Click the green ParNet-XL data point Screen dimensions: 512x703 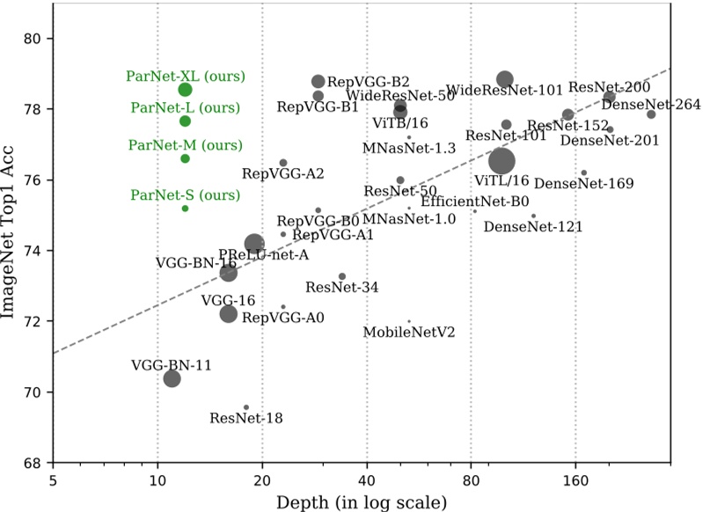(185, 89)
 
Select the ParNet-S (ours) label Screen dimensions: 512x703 (173, 194)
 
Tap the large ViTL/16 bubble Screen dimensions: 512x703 (502, 161)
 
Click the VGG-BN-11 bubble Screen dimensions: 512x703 (172, 378)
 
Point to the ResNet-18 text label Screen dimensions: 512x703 (246, 418)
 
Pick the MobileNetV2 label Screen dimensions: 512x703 (409, 333)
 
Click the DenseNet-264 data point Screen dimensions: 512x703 (651, 114)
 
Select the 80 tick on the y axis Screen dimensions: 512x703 (33, 39)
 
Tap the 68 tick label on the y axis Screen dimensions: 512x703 (33, 463)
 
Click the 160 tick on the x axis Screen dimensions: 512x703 (575, 482)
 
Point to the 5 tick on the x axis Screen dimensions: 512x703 (53, 482)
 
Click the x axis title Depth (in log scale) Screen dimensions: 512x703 (362, 502)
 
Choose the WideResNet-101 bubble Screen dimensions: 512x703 (505, 79)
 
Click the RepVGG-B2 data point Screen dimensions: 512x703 (319, 81)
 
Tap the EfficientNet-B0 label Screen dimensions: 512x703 (474, 201)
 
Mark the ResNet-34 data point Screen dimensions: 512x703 (342, 276)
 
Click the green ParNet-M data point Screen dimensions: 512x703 (185, 158)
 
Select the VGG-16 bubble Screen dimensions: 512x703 (229, 313)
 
